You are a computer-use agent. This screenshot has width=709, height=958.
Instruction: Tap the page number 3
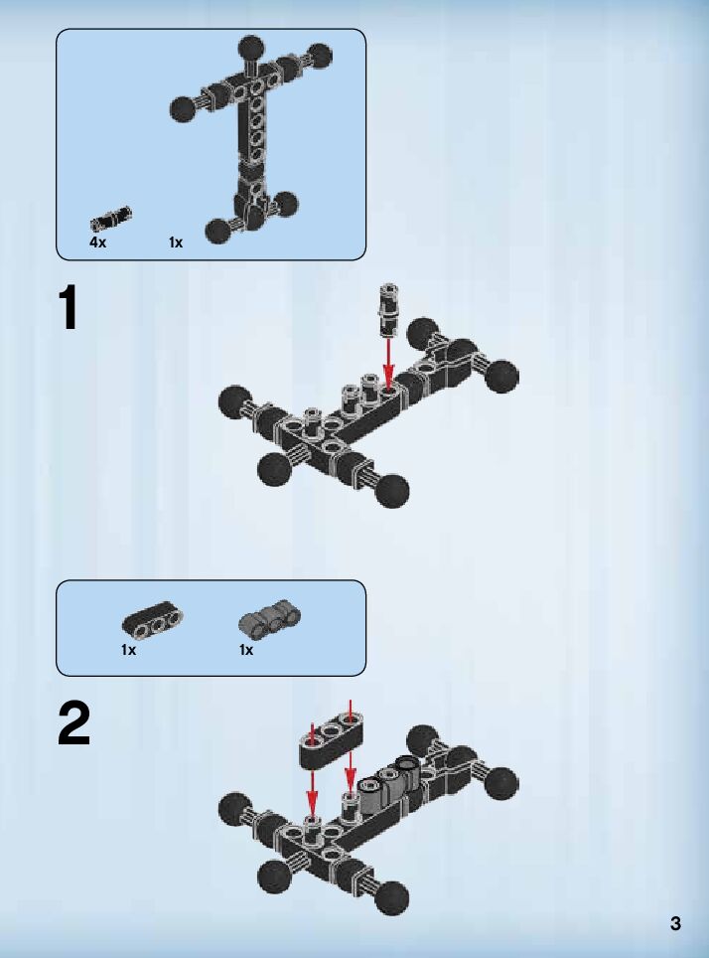[x=675, y=924]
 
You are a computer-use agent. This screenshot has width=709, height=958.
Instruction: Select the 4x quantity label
[x=97, y=241]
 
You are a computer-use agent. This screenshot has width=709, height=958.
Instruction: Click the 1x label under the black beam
[x=128, y=650]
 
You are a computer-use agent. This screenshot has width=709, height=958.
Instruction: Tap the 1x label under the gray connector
[x=245, y=650]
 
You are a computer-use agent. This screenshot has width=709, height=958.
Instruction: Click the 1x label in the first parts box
[x=176, y=241]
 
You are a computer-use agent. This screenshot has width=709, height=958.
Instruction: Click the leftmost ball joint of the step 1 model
[x=234, y=400]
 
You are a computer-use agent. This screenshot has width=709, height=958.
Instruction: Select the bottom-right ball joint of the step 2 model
[x=393, y=897]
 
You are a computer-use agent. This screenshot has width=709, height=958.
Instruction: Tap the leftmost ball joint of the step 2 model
[x=234, y=809]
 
